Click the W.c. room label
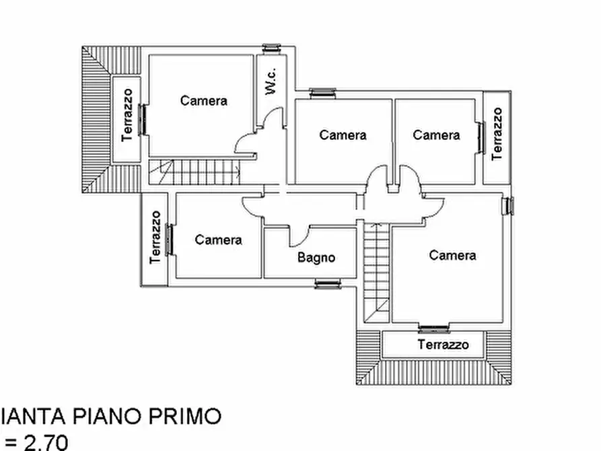click(271, 81)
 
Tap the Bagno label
click(316, 257)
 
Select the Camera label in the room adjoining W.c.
click(204, 101)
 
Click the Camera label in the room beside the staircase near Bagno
click(452, 255)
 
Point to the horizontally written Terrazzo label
click(442, 345)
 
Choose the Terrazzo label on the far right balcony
click(497, 133)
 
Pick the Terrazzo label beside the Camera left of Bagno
click(155, 238)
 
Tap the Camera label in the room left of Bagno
click(218, 240)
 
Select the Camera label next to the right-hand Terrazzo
click(436, 135)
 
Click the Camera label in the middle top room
click(343, 135)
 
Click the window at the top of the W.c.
click(271, 48)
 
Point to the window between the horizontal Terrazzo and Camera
click(433, 329)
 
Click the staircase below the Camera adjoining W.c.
click(195, 172)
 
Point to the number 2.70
click(46, 442)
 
